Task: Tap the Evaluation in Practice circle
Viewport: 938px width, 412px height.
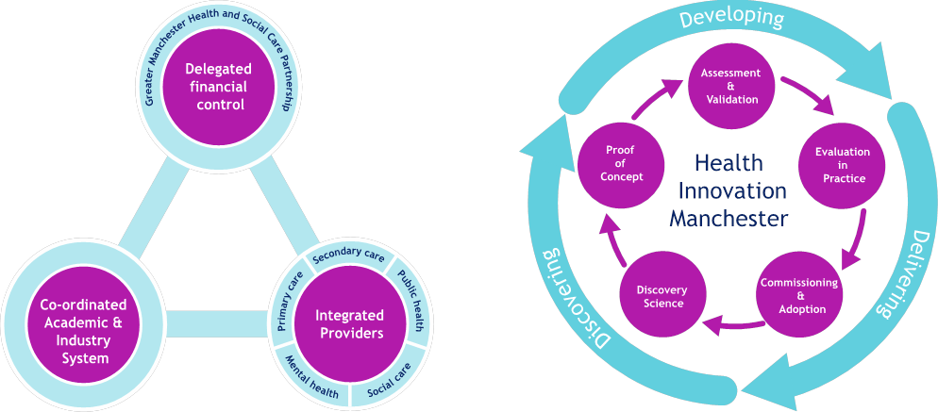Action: (842, 165)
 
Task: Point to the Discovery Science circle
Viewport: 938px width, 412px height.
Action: (661, 296)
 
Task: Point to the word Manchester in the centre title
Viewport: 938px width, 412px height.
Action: (728, 219)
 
